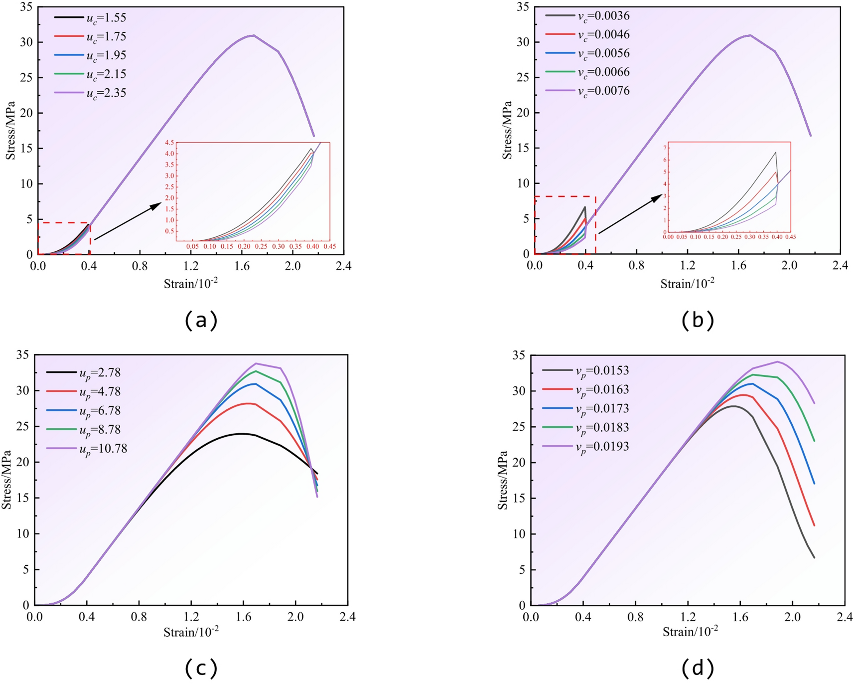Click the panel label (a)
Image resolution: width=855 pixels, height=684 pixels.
[x=201, y=320]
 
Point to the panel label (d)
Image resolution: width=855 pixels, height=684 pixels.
[x=698, y=668]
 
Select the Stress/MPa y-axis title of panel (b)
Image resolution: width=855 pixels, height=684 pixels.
[x=507, y=130]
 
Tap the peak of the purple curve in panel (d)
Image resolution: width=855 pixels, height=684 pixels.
[x=777, y=361]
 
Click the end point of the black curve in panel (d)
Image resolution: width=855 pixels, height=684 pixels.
[x=814, y=558]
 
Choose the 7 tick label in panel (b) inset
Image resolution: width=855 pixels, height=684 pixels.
[x=664, y=148]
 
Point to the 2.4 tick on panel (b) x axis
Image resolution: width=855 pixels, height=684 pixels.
[x=840, y=265]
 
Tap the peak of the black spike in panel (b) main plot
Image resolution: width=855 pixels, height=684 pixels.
[x=585, y=207]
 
